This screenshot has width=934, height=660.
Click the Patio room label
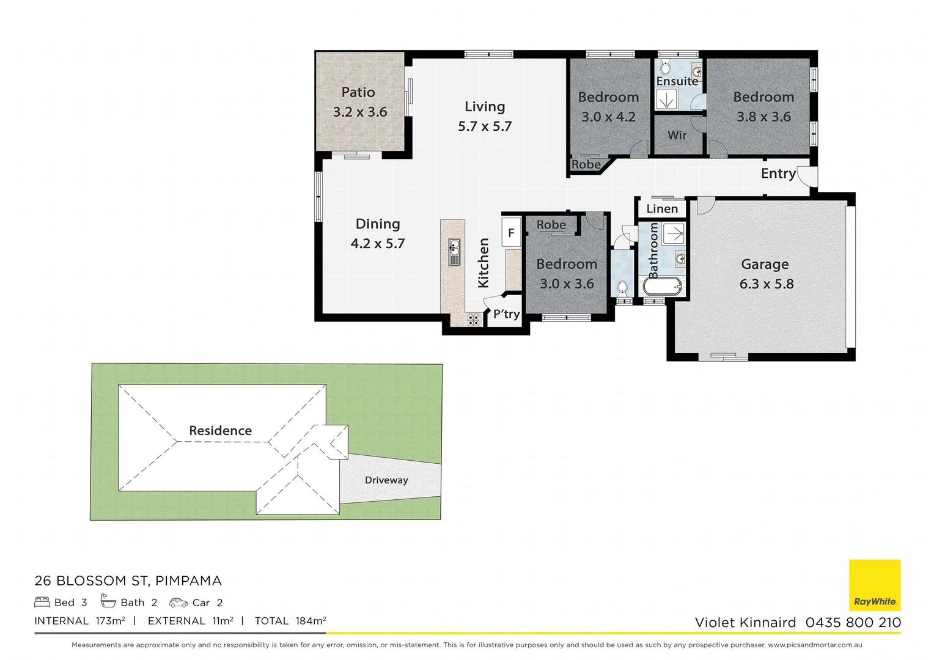point(358,92)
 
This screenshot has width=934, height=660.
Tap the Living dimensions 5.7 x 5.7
point(485,127)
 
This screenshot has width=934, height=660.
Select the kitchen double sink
point(454,252)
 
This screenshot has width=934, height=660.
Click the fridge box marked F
point(511,232)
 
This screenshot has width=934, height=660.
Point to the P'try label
point(506,314)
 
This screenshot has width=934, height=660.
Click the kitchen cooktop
point(474,318)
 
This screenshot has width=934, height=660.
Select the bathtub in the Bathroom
point(662,286)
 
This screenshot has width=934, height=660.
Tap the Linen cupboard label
point(662,209)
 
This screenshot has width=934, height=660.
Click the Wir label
point(677,135)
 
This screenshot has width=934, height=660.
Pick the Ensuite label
point(677,81)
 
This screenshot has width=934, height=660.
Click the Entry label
point(778,174)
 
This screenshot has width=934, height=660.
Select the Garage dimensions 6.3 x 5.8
point(767,284)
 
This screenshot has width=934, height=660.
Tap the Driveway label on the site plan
point(386,480)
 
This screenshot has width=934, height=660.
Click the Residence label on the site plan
point(220,431)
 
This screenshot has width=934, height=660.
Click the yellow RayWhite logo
point(875,585)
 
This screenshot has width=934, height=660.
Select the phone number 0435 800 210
point(853,623)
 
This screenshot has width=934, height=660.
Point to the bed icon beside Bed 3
point(42,603)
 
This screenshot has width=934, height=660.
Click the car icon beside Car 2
point(178,603)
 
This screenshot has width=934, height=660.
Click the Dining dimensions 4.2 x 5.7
point(378,244)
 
